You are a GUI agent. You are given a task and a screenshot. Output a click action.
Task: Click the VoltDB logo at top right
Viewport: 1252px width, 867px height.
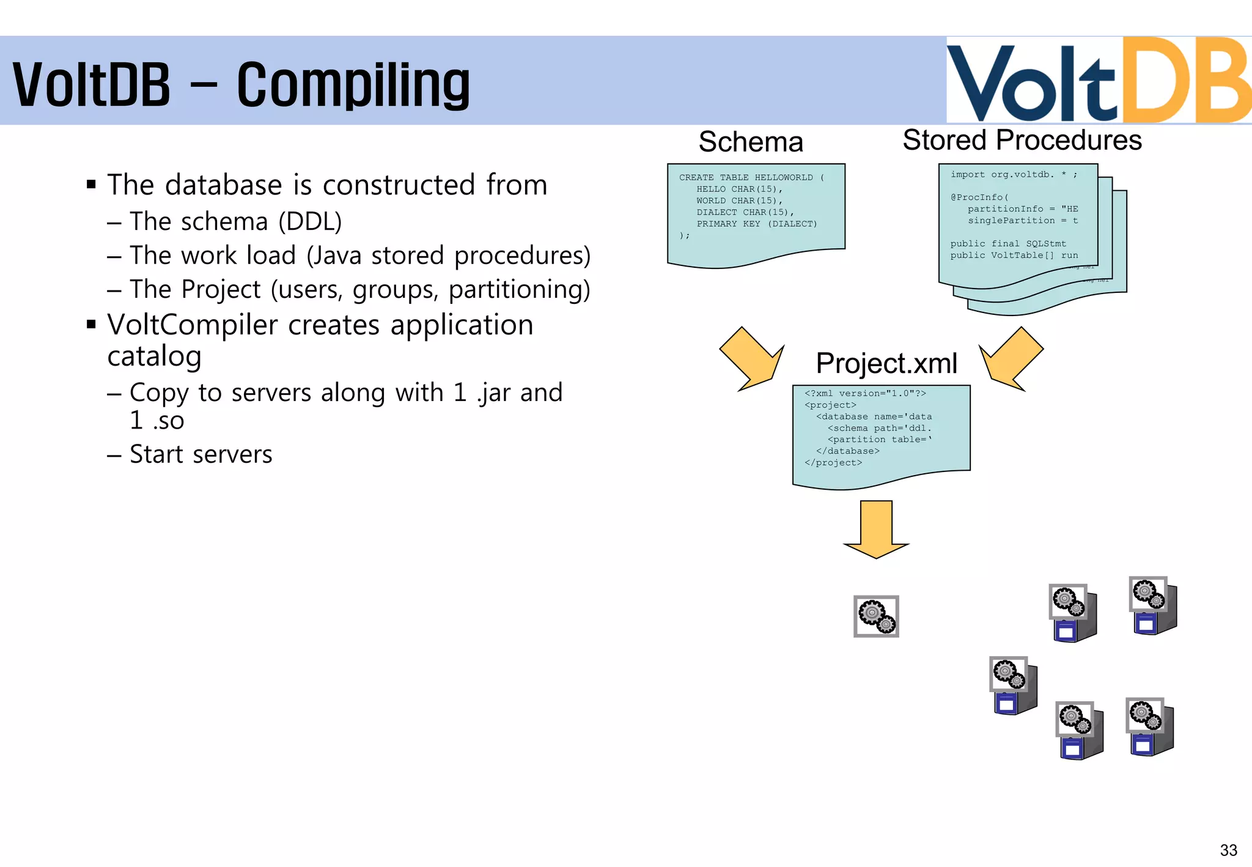click(x=1098, y=81)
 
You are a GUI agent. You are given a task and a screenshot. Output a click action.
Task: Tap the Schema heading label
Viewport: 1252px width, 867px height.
click(x=750, y=142)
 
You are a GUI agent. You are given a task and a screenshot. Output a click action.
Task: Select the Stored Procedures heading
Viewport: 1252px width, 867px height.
click(x=1022, y=140)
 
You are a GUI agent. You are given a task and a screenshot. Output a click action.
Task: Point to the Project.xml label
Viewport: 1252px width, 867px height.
click(x=886, y=363)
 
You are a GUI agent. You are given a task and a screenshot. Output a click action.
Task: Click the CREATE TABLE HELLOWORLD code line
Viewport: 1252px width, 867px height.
click(x=751, y=177)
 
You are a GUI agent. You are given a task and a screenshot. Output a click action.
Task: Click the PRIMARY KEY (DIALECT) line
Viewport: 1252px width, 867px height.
click(x=756, y=224)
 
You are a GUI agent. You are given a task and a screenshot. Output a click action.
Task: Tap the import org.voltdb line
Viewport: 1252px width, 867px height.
click(x=1013, y=174)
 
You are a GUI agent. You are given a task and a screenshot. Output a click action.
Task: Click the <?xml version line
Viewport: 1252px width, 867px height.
click(x=865, y=393)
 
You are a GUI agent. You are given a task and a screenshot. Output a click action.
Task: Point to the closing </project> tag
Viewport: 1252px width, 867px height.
click(x=833, y=463)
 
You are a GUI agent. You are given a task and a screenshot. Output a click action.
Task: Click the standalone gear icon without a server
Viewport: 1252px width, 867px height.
click(x=876, y=616)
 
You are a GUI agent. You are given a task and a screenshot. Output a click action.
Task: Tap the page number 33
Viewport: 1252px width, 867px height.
click(x=1228, y=850)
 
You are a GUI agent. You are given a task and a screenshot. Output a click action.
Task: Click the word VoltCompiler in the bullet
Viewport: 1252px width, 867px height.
click(x=192, y=325)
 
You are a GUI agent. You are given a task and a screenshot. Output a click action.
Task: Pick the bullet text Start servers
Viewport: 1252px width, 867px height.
click(x=201, y=454)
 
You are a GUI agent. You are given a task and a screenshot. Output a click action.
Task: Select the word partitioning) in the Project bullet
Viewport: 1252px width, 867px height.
click(x=519, y=289)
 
